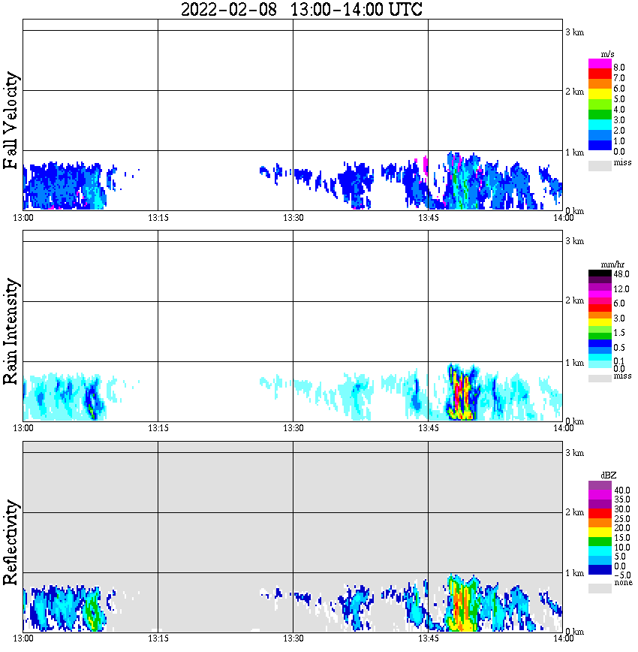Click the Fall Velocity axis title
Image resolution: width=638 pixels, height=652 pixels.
pos(11,121)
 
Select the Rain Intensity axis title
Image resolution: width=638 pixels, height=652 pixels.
pos(11,331)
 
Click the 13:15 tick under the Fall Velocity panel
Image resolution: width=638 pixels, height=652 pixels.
pos(158,217)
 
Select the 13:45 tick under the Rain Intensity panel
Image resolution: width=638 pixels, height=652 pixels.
pos(428,427)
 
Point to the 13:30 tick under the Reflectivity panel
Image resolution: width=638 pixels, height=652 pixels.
pos(293,638)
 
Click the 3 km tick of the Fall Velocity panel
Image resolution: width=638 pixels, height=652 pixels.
pos(574,32)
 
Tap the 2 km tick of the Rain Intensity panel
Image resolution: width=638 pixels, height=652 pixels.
pos(574,301)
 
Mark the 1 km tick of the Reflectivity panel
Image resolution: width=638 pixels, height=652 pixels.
pos(574,573)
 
